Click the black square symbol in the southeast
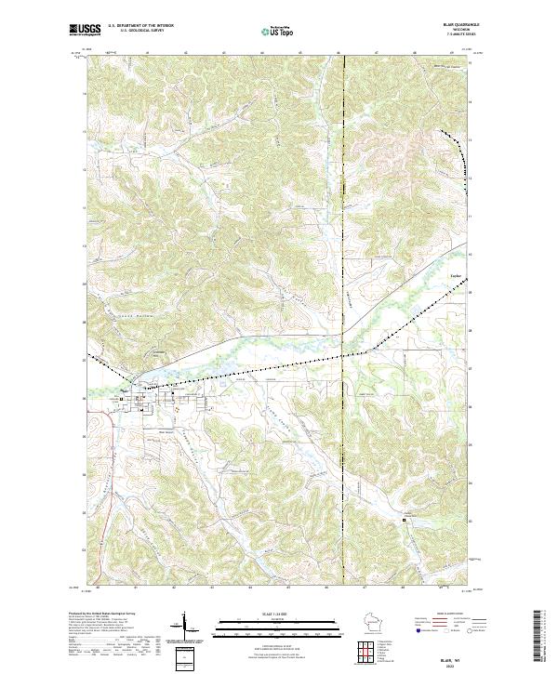click(404, 522)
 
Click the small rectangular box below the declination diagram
click(185, 657)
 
